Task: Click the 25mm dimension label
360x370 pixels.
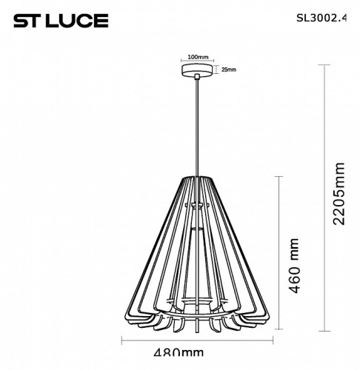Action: (x=229, y=70)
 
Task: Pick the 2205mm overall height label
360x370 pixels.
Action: (x=339, y=194)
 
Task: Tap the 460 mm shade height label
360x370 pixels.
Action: (x=294, y=266)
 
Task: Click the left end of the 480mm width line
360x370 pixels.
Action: (x=121, y=342)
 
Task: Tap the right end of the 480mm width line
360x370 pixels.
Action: (x=272, y=342)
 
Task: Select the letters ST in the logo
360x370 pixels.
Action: (x=25, y=20)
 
